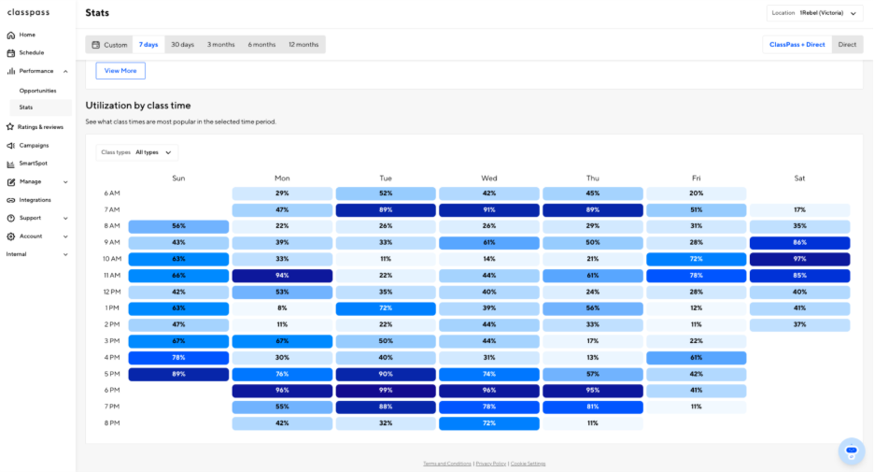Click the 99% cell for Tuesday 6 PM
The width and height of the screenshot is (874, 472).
tap(386, 391)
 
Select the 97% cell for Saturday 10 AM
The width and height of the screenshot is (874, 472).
tap(800, 259)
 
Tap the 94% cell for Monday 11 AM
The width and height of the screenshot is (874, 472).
tap(282, 276)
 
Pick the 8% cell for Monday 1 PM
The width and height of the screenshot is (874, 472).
tap(282, 308)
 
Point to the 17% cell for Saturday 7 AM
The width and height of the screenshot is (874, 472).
tap(800, 209)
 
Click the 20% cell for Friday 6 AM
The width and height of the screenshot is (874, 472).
tap(697, 193)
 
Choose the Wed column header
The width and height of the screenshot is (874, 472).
tap(489, 178)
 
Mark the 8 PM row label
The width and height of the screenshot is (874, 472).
tap(112, 422)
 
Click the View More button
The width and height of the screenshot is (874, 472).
tap(120, 71)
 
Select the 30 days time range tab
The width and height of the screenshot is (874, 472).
tap(182, 45)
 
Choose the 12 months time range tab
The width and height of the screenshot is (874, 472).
tap(303, 45)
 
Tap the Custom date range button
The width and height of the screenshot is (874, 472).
tap(109, 45)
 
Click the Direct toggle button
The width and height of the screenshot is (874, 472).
tap(847, 45)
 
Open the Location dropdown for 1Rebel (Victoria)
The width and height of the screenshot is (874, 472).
tap(814, 13)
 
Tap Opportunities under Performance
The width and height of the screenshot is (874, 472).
tap(38, 91)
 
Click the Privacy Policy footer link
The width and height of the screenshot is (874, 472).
tap(491, 464)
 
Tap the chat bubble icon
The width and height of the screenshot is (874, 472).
tap(852, 451)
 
